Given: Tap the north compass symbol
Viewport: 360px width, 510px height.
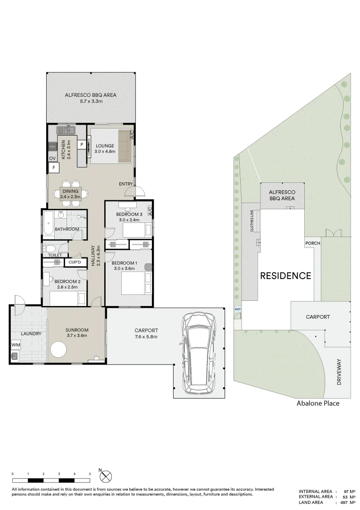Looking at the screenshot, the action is pos(106,477).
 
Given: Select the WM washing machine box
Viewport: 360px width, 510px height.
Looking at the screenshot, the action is pos(16,344).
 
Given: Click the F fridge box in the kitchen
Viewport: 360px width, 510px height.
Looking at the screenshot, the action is pos(54,168).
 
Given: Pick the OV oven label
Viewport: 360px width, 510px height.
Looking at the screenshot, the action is pos(53,158).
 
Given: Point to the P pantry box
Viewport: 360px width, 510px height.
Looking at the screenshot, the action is pos(82,144).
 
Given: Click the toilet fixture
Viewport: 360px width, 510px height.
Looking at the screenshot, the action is pos(50,249).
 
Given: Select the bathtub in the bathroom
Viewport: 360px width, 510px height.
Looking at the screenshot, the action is pos(48,223).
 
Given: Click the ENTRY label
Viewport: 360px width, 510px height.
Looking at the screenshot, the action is pos(126,184).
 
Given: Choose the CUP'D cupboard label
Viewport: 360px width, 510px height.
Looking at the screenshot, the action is pos(75,262).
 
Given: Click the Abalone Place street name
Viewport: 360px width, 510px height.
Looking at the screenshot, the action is pos(318,403).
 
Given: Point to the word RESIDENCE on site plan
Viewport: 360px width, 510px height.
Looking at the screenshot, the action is pos(285,276).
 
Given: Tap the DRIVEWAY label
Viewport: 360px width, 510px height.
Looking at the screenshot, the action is pos(339,372).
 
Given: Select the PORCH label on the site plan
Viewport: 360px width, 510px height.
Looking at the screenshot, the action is pos(312,243).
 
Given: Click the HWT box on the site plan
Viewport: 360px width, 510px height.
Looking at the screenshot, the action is pos(237,309).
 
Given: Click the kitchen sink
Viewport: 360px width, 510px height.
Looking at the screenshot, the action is pos(66,130).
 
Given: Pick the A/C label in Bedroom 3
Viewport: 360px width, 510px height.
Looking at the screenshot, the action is pos(150,211).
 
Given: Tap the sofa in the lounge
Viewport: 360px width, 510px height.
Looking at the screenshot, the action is pos(124,146).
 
